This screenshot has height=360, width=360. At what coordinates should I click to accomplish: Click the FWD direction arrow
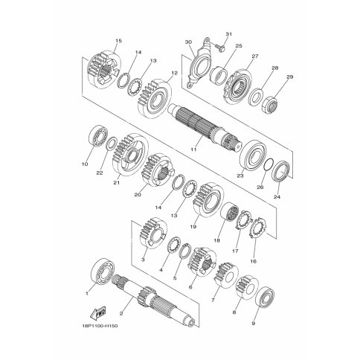(x=97, y=313)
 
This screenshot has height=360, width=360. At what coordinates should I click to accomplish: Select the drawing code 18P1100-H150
(x=100, y=326)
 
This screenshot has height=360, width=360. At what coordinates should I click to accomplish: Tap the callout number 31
(x=228, y=34)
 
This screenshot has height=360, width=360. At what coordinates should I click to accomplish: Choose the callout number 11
(x=193, y=150)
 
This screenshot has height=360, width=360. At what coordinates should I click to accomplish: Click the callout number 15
(x=119, y=41)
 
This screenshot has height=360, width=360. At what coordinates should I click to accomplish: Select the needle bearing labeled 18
(x=230, y=212)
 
